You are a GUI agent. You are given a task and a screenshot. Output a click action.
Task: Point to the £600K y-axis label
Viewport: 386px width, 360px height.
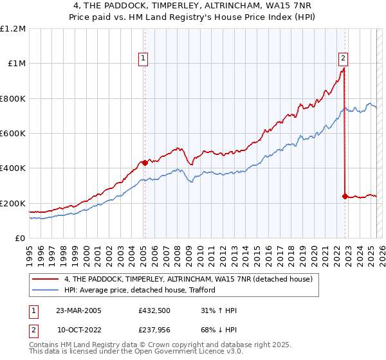13,134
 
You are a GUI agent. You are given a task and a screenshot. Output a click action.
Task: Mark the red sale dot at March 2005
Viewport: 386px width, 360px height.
145,163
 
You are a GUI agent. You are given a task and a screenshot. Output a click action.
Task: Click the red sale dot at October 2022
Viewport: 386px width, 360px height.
345,197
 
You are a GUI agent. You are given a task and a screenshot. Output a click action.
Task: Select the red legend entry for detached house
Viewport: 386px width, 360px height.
188,279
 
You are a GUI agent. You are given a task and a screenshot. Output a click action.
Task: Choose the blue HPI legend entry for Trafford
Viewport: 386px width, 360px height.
139,290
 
